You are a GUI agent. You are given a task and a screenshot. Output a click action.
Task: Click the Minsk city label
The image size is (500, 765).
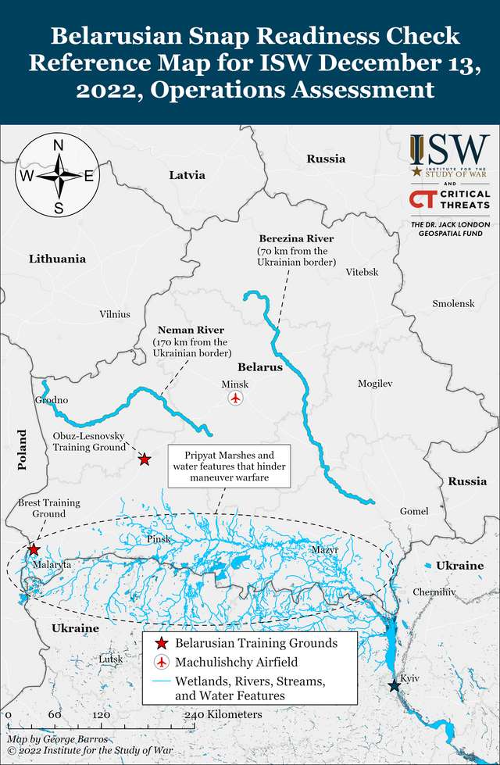(x=234, y=384)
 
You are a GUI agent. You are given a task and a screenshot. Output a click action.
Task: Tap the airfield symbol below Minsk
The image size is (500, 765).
(x=236, y=399)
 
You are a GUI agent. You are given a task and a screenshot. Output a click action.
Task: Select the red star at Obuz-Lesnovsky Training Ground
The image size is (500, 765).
(x=145, y=459)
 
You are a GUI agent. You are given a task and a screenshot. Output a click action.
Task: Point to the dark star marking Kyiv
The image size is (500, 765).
(x=394, y=686)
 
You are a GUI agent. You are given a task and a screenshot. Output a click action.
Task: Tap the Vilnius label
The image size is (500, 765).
(x=115, y=314)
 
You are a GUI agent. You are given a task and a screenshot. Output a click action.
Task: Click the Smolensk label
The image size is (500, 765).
(x=453, y=303)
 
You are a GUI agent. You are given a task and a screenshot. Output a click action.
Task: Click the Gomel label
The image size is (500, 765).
(x=414, y=511)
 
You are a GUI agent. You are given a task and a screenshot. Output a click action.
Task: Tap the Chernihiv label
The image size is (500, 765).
(x=434, y=592)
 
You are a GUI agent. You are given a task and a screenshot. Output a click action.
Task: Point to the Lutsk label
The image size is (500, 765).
(x=111, y=659)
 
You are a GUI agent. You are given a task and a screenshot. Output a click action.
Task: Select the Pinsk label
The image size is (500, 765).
(x=159, y=539)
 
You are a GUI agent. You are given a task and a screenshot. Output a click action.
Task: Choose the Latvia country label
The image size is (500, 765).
(x=187, y=175)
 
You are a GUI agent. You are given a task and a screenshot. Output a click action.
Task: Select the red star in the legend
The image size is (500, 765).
(x=161, y=643)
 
